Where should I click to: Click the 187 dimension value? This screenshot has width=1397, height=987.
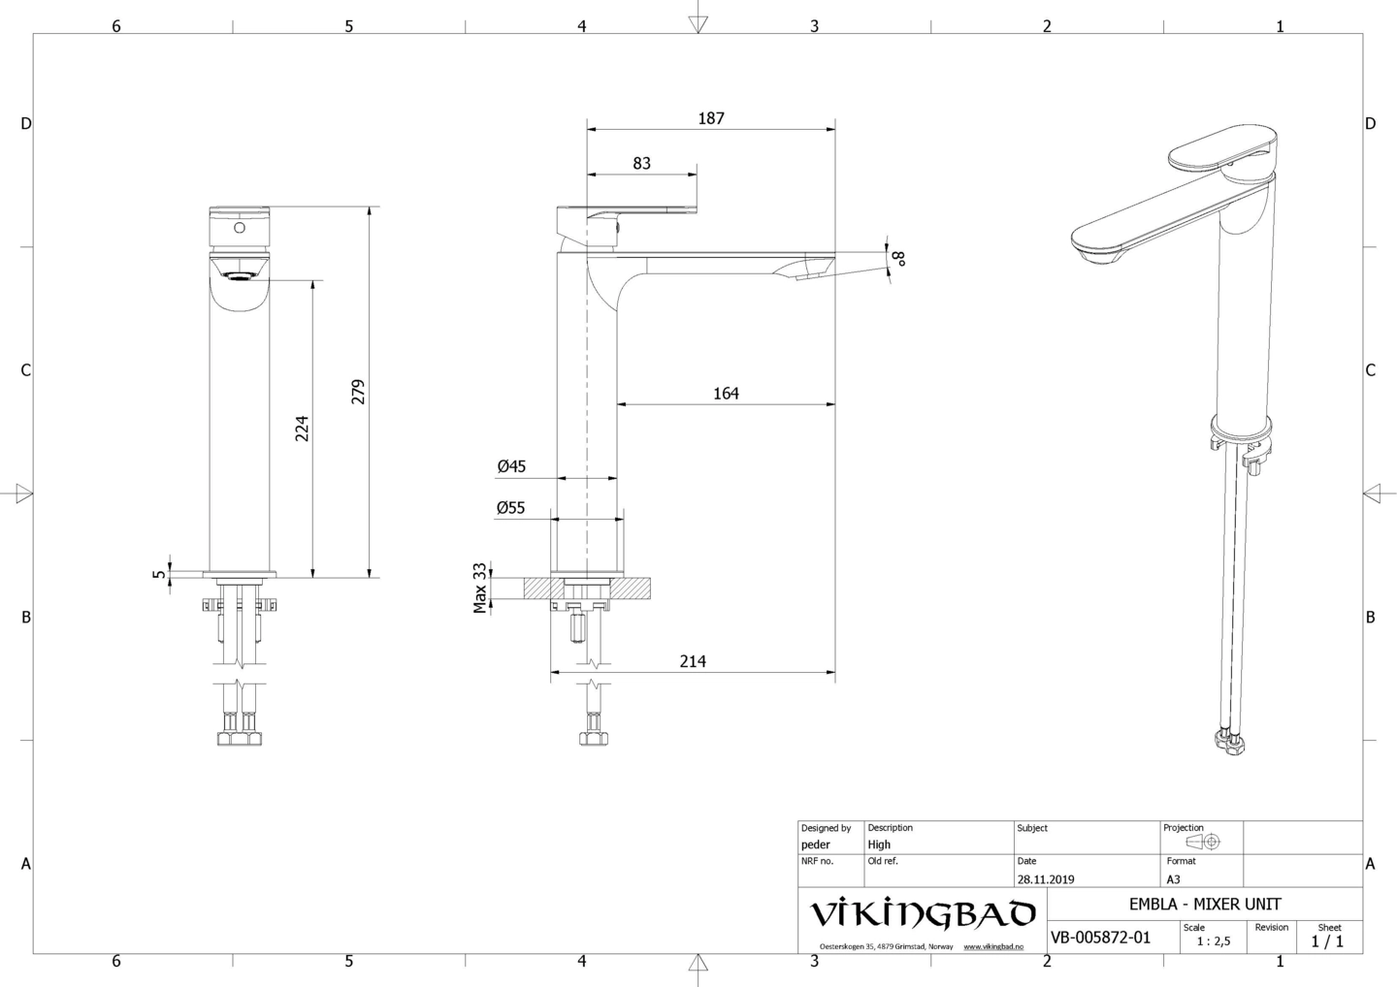[711, 118]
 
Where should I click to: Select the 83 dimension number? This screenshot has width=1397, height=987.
[642, 163]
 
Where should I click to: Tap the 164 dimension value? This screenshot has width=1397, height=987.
[726, 394]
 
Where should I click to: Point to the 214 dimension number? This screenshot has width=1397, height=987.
[693, 662]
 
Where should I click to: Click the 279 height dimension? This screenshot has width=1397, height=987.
[358, 392]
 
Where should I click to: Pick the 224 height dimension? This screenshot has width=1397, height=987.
[302, 429]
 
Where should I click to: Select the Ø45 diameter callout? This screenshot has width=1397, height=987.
[511, 466]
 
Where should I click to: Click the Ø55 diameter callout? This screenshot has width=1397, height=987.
[510, 508]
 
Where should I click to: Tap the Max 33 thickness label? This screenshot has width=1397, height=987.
[479, 589]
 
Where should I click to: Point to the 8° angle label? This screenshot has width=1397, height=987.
[899, 259]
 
